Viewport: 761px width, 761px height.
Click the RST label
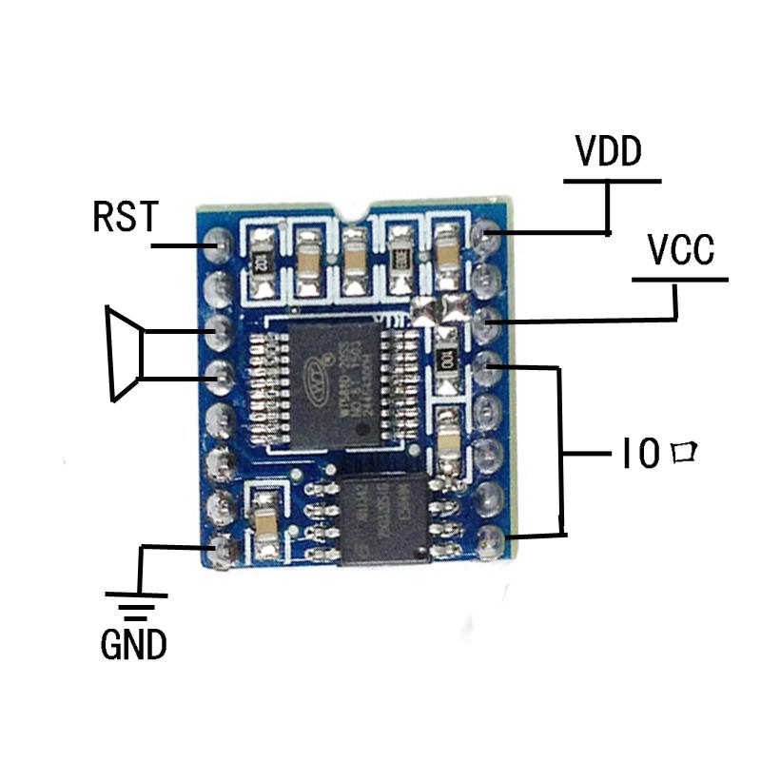coord(124,217)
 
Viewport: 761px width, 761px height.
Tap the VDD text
coord(609,152)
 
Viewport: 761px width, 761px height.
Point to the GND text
coord(133,646)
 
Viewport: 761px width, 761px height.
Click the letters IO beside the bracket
coord(638,455)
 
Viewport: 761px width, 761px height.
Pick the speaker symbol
coord(125,353)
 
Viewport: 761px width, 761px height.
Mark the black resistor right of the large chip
coord(444,359)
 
